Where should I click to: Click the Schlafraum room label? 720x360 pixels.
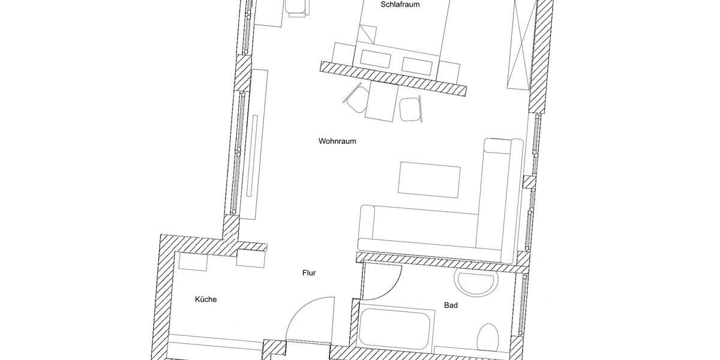(x=400, y=5)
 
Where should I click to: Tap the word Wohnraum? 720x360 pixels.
(x=337, y=142)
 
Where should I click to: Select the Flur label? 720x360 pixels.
(x=308, y=273)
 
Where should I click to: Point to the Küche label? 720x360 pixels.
(x=205, y=299)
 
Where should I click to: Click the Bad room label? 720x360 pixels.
(x=451, y=305)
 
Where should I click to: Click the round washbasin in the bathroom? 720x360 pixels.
(x=477, y=283)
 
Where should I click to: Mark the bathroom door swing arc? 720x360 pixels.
(x=384, y=282)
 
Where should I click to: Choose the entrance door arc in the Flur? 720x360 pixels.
(x=309, y=318)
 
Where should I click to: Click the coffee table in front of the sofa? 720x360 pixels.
(x=430, y=178)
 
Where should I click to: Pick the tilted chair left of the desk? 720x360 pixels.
(x=356, y=97)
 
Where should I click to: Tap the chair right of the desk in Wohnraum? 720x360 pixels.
(x=411, y=109)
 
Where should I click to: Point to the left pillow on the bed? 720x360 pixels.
(x=376, y=57)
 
